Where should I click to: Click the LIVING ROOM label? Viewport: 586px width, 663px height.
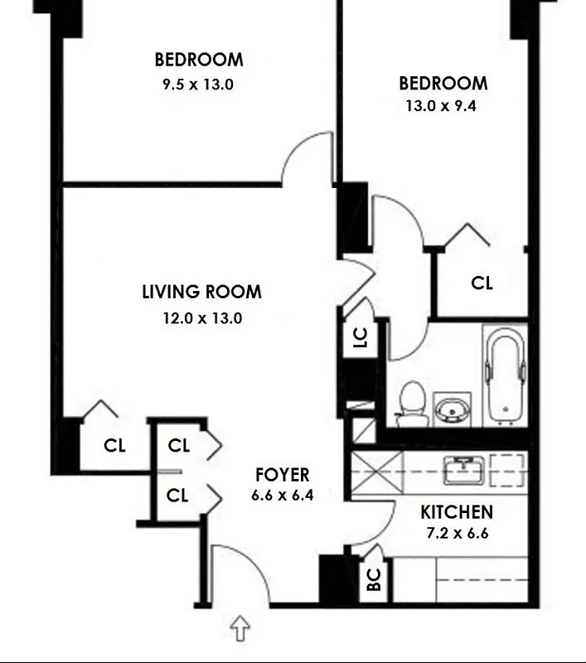point(201,293)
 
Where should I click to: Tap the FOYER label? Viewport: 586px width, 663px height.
point(282,476)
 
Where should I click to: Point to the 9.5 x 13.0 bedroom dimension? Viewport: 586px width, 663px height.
point(199,84)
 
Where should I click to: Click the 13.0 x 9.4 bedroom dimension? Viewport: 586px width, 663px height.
point(443,106)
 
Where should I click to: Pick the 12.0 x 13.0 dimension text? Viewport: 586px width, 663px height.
point(202,317)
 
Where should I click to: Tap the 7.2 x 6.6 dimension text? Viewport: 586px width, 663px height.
point(457,533)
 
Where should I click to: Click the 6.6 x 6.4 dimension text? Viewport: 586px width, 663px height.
point(282,496)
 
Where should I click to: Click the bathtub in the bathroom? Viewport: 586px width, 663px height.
point(505,375)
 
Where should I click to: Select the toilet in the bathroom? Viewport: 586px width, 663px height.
point(412,403)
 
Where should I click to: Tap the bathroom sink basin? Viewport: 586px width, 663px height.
point(452,408)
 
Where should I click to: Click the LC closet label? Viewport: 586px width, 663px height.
point(361,337)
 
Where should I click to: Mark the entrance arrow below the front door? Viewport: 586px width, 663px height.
point(240,628)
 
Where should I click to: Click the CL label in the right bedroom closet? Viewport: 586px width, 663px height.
point(482,283)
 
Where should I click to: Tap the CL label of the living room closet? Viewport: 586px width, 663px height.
point(114,446)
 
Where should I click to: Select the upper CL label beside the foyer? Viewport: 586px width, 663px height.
point(178,446)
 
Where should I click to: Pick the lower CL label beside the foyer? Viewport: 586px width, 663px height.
point(178,496)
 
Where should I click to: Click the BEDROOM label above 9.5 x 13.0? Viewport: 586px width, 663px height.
point(199,60)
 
